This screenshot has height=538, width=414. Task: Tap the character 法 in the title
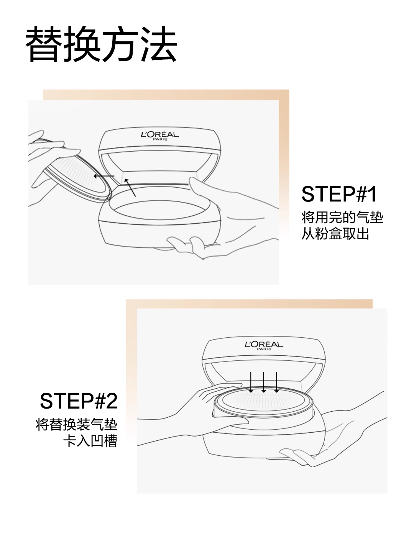(158, 45)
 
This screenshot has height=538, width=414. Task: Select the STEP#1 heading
(339, 194)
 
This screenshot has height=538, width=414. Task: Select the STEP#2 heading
(79, 401)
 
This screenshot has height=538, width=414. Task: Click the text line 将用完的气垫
(342, 217)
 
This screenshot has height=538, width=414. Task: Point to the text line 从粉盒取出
(335, 233)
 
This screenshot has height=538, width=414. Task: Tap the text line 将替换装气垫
(77, 424)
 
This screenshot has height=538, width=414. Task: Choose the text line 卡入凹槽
(90, 441)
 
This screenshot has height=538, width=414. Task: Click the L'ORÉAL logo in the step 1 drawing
(160, 134)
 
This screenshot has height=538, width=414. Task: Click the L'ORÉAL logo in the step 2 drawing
(264, 344)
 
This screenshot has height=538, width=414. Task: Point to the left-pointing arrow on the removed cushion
(104, 176)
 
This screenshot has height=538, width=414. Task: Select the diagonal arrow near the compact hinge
(130, 187)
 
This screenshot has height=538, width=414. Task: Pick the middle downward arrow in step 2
(264, 382)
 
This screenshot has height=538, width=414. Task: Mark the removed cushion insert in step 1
(77, 176)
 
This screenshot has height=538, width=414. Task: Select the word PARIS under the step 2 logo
(264, 349)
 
